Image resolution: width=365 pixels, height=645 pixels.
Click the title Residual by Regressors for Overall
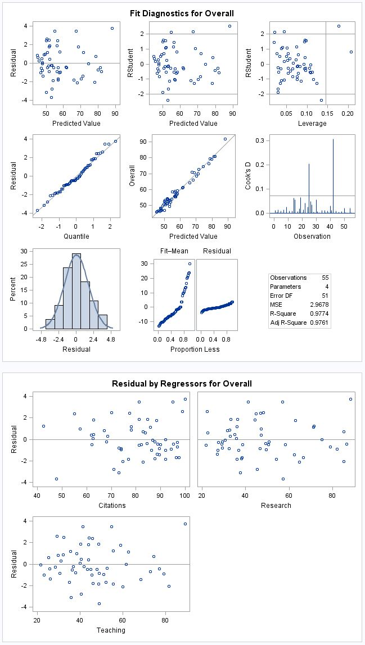click(x=182, y=384)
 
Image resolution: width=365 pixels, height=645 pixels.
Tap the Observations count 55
click(x=325, y=278)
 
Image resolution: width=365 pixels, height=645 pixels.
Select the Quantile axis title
click(x=75, y=236)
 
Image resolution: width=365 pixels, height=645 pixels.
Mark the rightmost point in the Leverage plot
click(x=350, y=52)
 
